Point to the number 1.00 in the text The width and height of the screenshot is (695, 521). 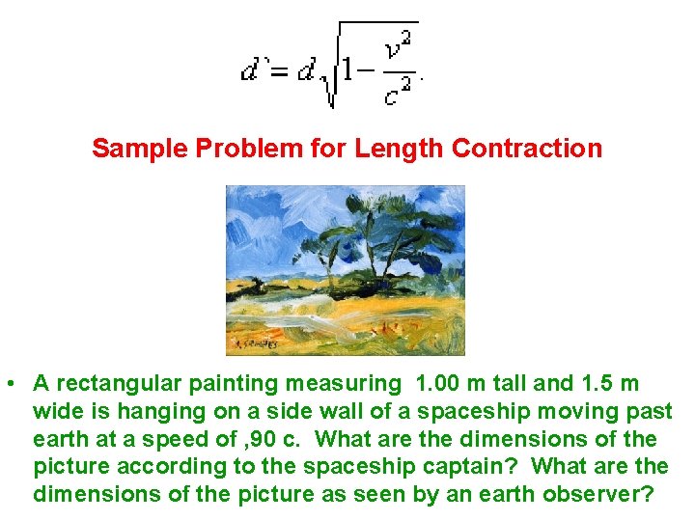click(x=436, y=384)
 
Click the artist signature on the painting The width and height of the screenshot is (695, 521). click(x=252, y=343)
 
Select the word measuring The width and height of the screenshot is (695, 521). click(x=343, y=384)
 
